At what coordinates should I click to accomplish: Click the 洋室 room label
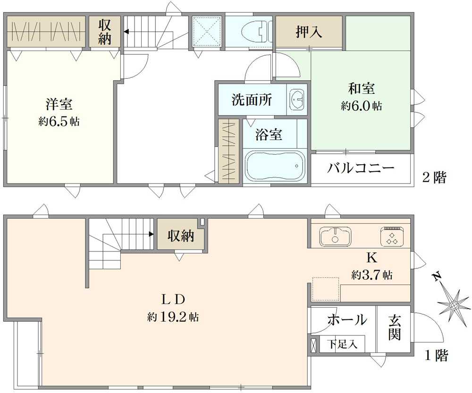click(x=59, y=104)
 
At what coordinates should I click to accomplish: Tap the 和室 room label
click(x=362, y=89)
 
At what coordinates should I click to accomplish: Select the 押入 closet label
click(x=309, y=32)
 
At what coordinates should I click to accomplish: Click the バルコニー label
click(x=361, y=167)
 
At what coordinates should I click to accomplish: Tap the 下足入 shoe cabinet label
click(x=343, y=344)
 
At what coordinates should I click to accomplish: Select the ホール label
click(x=347, y=319)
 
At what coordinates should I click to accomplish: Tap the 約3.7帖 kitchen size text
click(x=371, y=275)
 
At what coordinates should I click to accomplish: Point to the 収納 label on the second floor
click(x=105, y=32)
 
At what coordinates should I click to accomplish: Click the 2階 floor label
click(x=434, y=177)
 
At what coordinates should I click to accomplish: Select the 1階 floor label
click(x=436, y=356)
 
